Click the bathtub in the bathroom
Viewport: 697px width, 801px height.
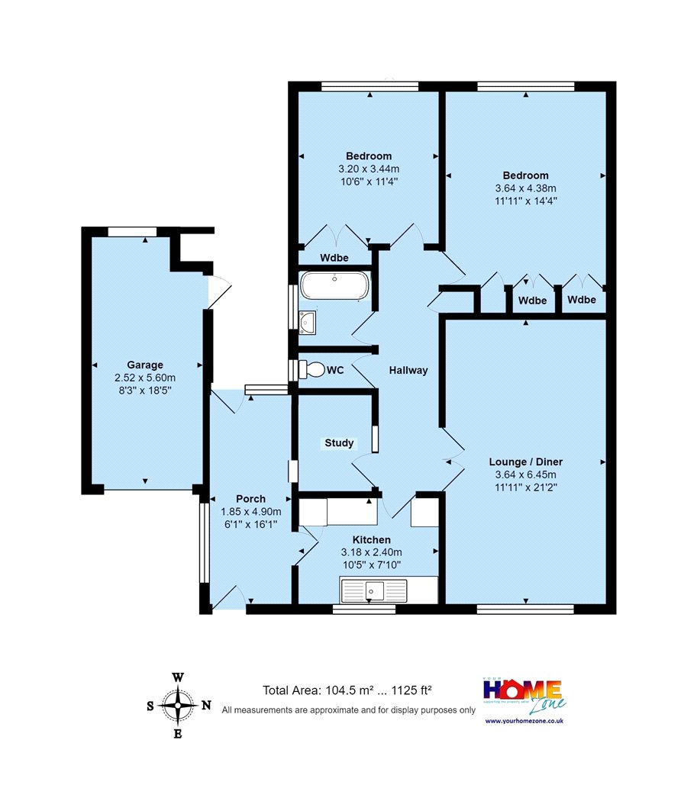tap(334, 285)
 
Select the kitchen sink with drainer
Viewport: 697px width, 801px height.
tap(374, 590)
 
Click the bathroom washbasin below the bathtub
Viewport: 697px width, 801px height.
tap(308, 323)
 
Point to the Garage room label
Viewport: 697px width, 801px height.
tap(145, 365)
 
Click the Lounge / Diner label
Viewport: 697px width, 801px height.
tap(526, 462)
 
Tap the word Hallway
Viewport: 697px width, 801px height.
tap(408, 370)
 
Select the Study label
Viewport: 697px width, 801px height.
tap(339, 443)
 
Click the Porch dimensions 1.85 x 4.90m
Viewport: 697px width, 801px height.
tap(251, 511)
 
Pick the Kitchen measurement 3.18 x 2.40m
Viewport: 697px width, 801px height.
tap(372, 552)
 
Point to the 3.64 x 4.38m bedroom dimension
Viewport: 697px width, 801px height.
tap(526, 188)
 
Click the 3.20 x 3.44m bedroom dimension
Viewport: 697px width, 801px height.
tap(369, 169)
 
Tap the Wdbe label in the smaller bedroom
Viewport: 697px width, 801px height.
tap(334, 258)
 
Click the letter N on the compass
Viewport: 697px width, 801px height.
tap(206, 706)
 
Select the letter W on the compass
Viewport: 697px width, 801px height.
tap(177, 678)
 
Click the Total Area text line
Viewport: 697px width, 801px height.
tap(347, 690)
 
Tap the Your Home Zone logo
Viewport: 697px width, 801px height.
tap(524, 695)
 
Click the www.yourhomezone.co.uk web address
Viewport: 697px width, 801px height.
tap(524, 721)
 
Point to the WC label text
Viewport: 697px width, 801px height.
tap(335, 370)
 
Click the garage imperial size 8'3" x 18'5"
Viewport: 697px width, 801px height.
tap(145, 391)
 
